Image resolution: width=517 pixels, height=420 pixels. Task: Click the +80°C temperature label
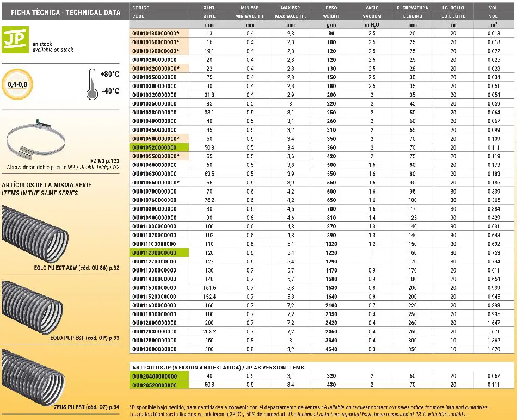pyautogui.click(x=110, y=75)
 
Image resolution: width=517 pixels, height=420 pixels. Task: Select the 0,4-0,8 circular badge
pyautogui.click(x=17, y=85)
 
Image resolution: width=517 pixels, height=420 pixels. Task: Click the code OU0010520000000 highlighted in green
pyautogui.click(x=155, y=147)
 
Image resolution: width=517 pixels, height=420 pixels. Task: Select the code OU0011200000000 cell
pyautogui.click(x=155, y=252)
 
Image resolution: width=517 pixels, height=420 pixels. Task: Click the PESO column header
pyautogui.click(x=331, y=8)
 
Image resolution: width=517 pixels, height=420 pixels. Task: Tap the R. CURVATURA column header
pyautogui.click(x=413, y=8)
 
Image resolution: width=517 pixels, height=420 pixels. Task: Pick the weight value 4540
pyautogui.click(x=331, y=349)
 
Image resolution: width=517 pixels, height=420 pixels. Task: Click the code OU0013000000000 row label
pyautogui.click(x=155, y=349)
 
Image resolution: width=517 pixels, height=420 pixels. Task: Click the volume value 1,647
pyautogui.click(x=493, y=323)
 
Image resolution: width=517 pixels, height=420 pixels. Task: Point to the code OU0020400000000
pyautogui.click(x=155, y=376)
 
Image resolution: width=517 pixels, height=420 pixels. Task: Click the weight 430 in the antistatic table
pyautogui.click(x=331, y=385)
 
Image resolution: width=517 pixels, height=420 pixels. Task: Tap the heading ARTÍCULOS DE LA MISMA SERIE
pyautogui.click(x=46, y=185)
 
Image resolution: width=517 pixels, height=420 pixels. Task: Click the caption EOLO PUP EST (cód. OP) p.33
pyautogui.click(x=84, y=338)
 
